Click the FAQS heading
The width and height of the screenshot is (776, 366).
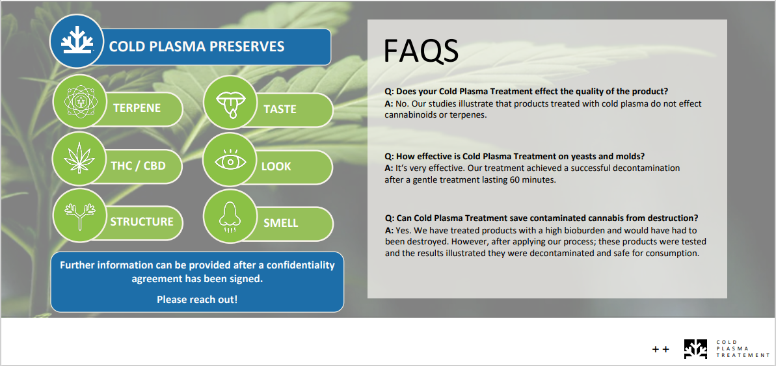click(421, 51)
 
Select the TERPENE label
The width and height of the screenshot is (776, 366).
click(137, 108)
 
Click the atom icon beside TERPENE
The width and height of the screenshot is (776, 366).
click(79, 101)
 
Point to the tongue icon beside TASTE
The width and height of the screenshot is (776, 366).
click(230, 103)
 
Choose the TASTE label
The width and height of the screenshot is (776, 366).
click(280, 109)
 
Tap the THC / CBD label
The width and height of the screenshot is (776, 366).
click(138, 166)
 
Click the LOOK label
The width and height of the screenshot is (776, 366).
click(276, 166)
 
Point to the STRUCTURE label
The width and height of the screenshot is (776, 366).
click(142, 222)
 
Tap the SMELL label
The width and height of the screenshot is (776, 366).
click(280, 223)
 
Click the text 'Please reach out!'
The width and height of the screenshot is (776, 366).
click(197, 299)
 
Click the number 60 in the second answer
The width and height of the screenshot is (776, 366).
click(515, 179)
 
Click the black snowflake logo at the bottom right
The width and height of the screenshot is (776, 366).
click(696, 348)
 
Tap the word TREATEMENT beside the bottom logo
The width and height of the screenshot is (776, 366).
click(743, 355)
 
